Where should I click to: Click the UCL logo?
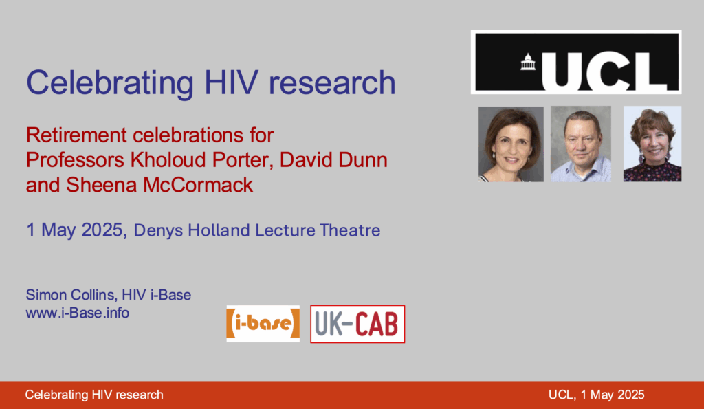tap(576, 62)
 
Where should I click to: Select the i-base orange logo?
tap(263, 324)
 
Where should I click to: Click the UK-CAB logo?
tap(357, 324)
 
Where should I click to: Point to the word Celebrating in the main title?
tap(110, 83)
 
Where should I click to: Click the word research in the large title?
tap(332, 83)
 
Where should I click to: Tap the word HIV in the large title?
tap(231, 82)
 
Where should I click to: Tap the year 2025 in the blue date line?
tap(102, 230)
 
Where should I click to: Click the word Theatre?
tap(350, 230)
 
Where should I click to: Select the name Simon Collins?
tap(71, 295)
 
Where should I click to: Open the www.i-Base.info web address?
tap(78, 313)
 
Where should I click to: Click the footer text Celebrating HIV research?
tap(94, 395)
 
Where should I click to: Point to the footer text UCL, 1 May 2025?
tap(596, 395)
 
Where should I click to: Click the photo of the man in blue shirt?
tap(581, 144)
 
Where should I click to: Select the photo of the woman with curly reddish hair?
tap(652, 144)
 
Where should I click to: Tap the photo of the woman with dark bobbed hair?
tap(511, 144)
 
